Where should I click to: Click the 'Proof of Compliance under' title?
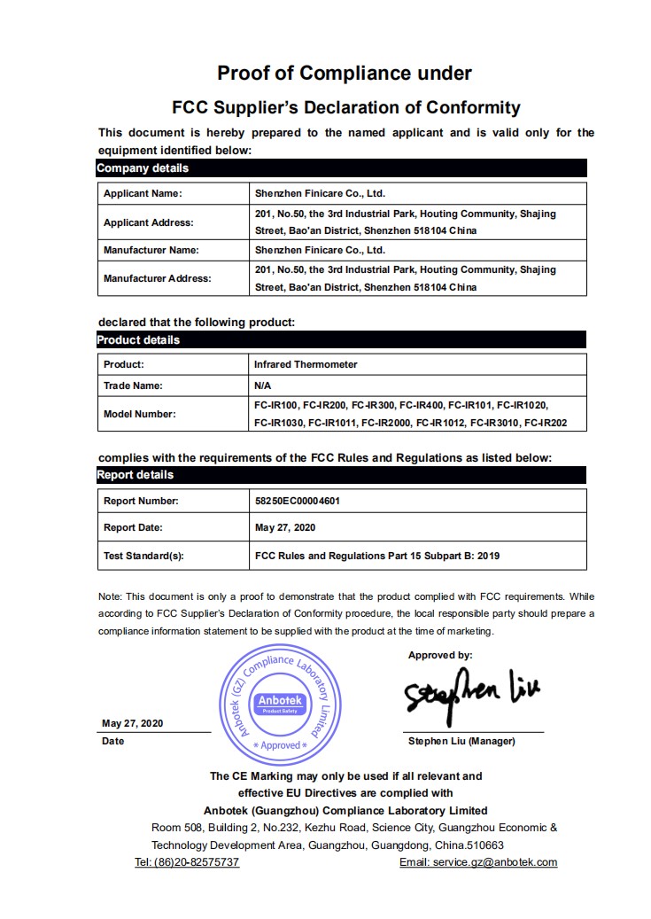pyautogui.click(x=345, y=73)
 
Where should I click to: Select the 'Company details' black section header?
pyautogui.click(x=143, y=168)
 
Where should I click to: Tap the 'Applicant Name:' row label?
pyautogui.click(x=142, y=193)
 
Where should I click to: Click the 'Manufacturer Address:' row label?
pyautogui.click(x=157, y=278)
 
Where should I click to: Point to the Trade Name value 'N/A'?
pyautogui.click(x=263, y=386)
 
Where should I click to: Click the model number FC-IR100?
pyautogui.click(x=275, y=404)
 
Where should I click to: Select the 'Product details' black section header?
pyautogui.click(x=138, y=339)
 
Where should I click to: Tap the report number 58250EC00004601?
pyautogui.click(x=297, y=501)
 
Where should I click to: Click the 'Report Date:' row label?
pyautogui.click(x=133, y=527)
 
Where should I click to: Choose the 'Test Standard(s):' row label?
pyautogui.click(x=143, y=556)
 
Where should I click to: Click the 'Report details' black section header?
pyautogui.click(x=135, y=475)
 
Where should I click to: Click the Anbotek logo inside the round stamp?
pyautogui.click(x=280, y=704)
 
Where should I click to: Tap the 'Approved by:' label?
pyautogui.click(x=440, y=656)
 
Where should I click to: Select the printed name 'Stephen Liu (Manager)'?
pyautogui.click(x=461, y=741)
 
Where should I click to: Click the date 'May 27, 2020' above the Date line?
pyautogui.click(x=132, y=723)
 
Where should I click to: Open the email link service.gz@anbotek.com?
pyautogui.click(x=478, y=862)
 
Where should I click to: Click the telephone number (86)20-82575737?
pyautogui.click(x=186, y=862)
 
